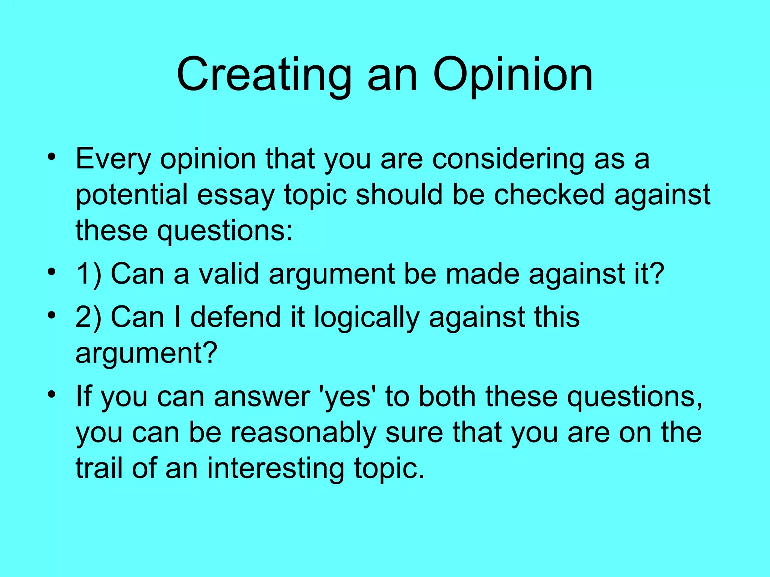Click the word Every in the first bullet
(113, 159)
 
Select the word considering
(508, 159)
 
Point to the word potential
(132, 195)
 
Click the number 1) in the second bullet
(89, 274)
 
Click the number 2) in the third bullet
(89, 317)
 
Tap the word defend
(235, 317)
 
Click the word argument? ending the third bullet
(146, 353)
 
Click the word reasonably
(303, 433)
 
